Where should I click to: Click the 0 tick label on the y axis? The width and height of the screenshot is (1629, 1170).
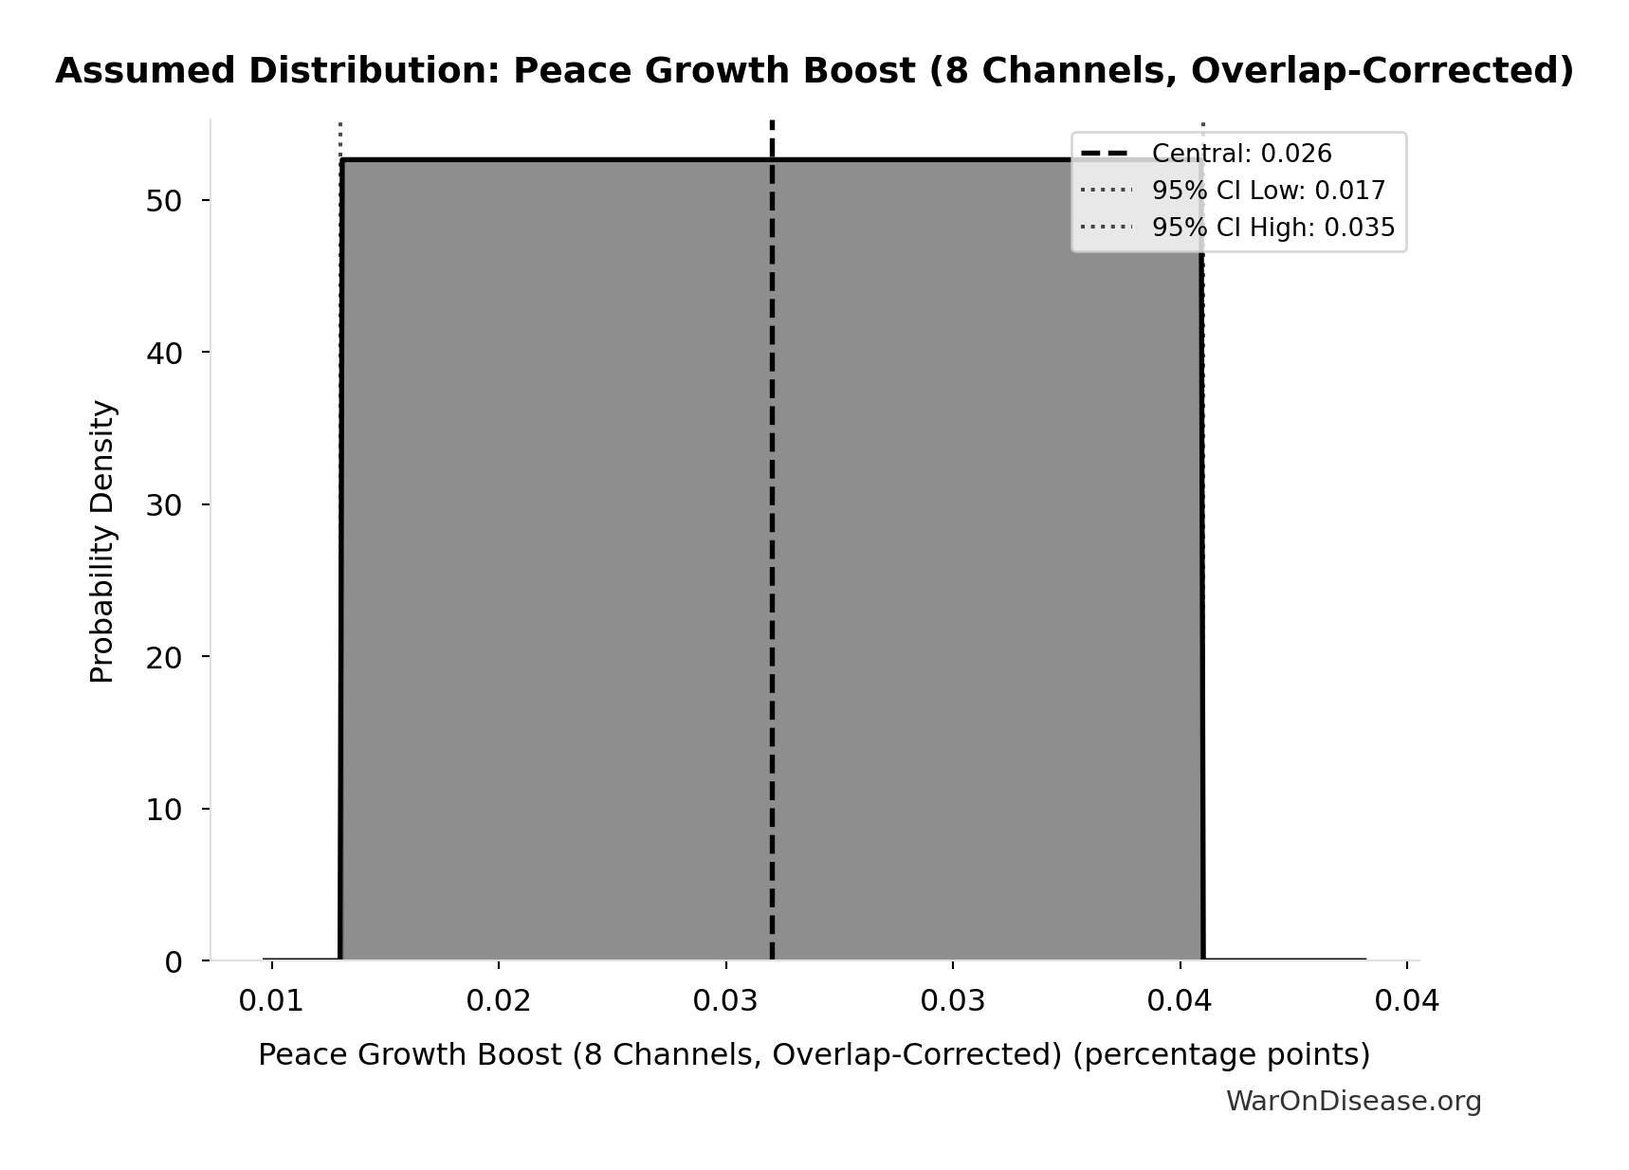173,962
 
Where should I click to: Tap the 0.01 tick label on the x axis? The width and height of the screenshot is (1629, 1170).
271,1001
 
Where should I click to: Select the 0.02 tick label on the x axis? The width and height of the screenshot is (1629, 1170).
499,1001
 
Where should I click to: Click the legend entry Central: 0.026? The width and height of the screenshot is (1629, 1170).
1241,154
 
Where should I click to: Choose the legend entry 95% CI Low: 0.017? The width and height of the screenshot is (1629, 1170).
1268,191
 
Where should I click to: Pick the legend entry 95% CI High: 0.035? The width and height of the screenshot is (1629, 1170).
1272,228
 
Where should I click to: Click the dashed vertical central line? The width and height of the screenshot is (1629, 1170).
772,569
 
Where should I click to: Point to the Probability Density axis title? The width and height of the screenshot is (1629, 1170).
102,541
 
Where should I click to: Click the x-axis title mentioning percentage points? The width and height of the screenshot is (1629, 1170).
814,1054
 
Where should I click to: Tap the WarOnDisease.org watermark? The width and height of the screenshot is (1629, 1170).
1353,1101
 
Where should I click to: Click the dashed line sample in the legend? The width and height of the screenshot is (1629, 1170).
1105,154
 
